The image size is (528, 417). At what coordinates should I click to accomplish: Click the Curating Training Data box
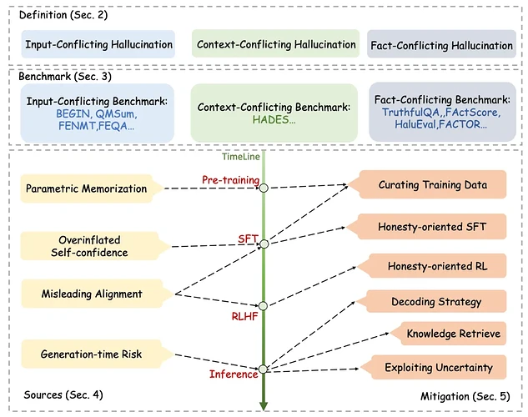pos(434,185)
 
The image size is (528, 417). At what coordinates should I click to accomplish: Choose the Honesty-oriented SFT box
pos(434,227)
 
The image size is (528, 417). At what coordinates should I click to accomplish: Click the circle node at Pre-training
pos(264,188)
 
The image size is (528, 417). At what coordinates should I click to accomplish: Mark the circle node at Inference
pos(264,368)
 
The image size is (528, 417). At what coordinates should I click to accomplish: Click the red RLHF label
pos(248,317)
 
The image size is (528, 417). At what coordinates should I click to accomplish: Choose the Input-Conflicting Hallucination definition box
pos(98,45)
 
